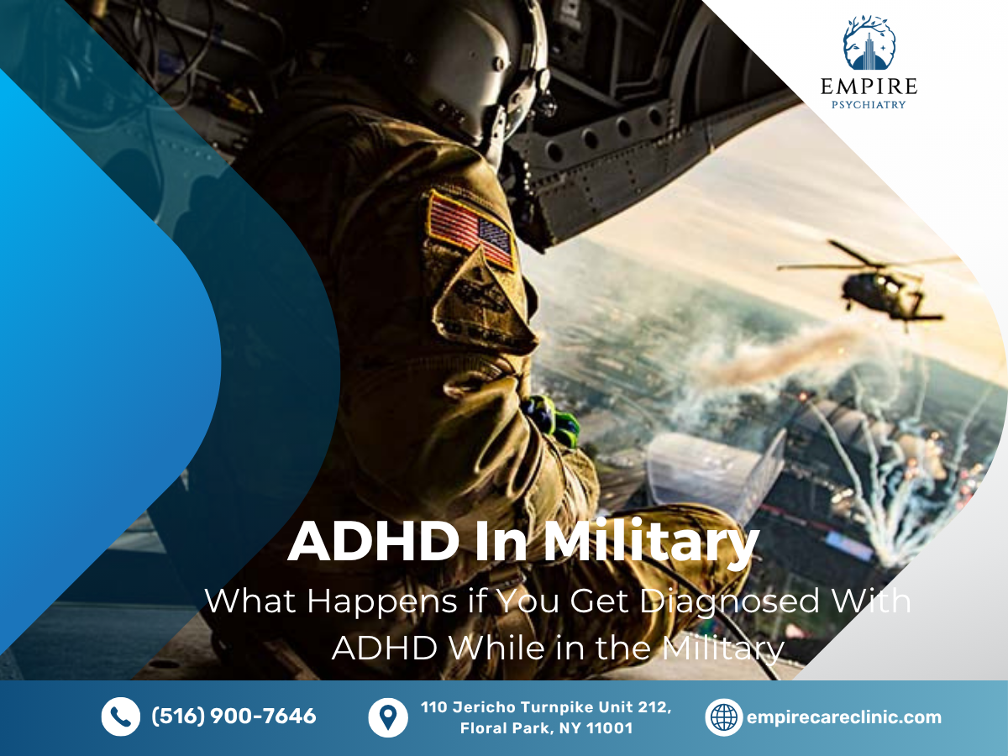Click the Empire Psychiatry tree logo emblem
click(x=869, y=43)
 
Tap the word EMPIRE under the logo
click(x=869, y=87)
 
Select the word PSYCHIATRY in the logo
click(x=869, y=105)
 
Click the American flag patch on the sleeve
click(x=470, y=229)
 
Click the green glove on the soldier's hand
click(x=554, y=417)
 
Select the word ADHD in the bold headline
click(x=373, y=541)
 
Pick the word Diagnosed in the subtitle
click(x=730, y=602)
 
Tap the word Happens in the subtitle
click(x=382, y=602)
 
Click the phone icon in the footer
click(x=121, y=717)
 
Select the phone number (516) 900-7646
click(x=234, y=716)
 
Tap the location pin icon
click(x=388, y=718)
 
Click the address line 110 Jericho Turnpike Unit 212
click(x=546, y=707)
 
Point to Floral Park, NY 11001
click(x=547, y=728)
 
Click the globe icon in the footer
click(x=724, y=717)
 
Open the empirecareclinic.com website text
click(x=844, y=717)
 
